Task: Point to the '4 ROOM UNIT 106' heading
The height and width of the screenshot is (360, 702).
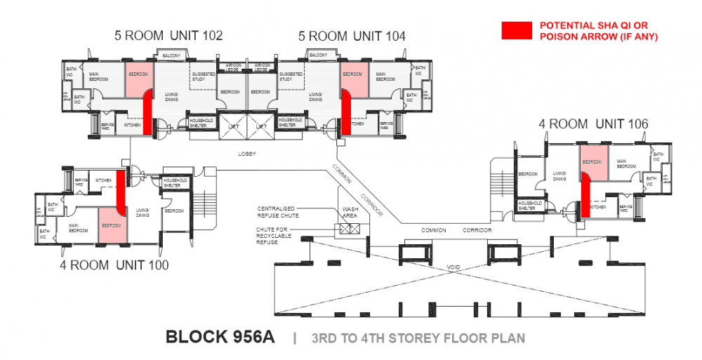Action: (x=593, y=124)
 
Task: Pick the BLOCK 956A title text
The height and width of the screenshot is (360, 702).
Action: (x=220, y=338)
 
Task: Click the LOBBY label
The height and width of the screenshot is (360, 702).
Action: (x=247, y=153)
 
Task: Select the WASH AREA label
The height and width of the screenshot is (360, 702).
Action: (x=350, y=213)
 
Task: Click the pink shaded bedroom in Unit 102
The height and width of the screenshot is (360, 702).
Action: (x=139, y=81)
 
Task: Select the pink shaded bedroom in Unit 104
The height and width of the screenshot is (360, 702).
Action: (x=352, y=81)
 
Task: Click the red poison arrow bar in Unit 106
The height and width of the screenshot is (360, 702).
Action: (x=583, y=194)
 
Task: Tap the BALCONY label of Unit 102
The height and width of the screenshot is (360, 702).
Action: (x=172, y=55)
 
